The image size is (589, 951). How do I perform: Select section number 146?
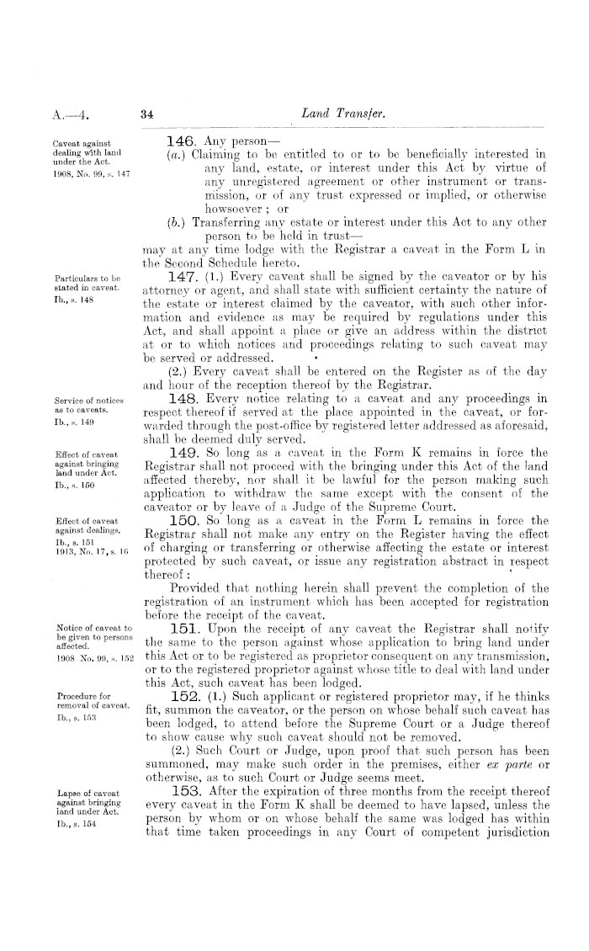click(x=182, y=140)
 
